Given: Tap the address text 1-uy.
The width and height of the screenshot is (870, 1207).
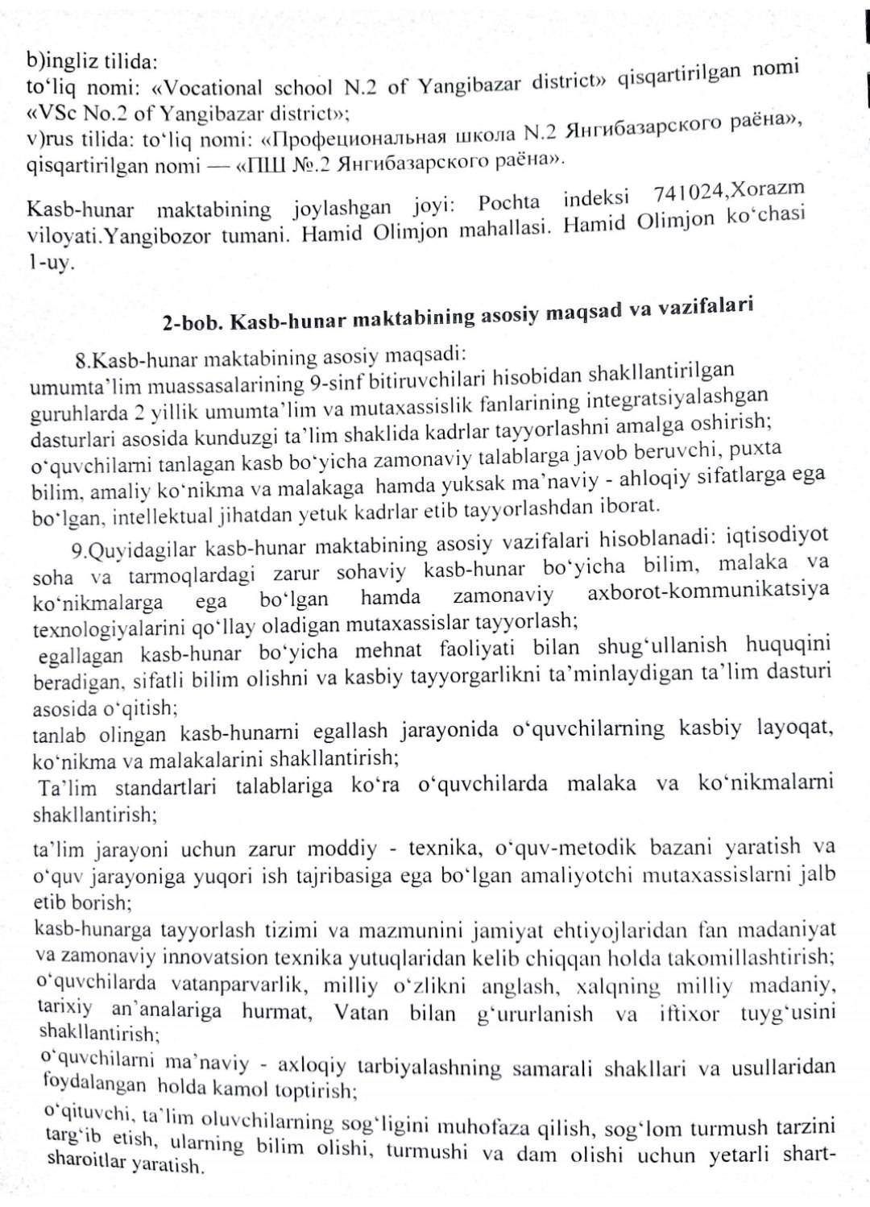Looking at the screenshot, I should click(51, 263).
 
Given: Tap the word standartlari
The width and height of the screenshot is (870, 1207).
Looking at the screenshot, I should click(165, 787).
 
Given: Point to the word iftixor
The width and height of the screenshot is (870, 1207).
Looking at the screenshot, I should click(689, 1013).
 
